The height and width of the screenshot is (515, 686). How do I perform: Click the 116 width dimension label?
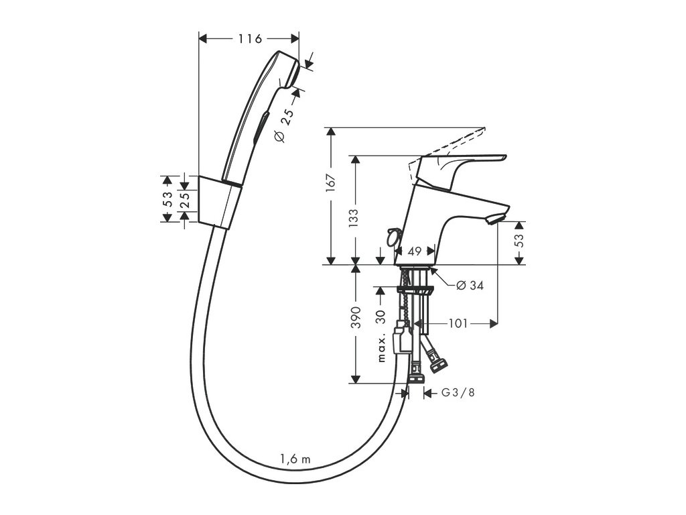pos(249,39)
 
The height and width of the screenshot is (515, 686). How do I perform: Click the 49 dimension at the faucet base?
pos(413,251)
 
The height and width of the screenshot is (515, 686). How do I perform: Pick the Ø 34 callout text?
pos(470,285)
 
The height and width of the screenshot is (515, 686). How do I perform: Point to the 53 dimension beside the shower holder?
pos(167,199)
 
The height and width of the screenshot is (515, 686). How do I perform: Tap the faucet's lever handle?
pos(462,162)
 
